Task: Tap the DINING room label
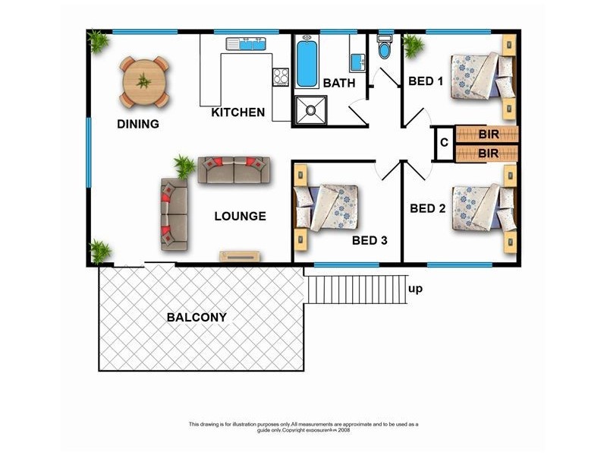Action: [x=137, y=124]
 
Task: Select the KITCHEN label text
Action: [x=238, y=112]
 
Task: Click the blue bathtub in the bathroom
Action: [x=307, y=65]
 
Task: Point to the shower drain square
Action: [x=310, y=111]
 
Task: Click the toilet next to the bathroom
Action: [x=385, y=50]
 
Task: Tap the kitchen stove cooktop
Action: [x=281, y=76]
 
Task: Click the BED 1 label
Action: [x=426, y=81]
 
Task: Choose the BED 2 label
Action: [x=426, y=207]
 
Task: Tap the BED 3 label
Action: [x=370, y=241]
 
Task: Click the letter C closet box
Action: [x=443, y=143]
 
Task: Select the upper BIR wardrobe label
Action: [x=489, y=135]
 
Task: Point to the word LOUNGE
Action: [x=240, y=216]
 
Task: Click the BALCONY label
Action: [x=197, y=317]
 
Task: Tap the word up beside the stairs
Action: [x=415, y=289]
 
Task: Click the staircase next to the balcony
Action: [x=355, y=289]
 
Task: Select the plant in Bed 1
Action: [x=414, y=47]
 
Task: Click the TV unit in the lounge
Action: [x=241, y=255]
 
